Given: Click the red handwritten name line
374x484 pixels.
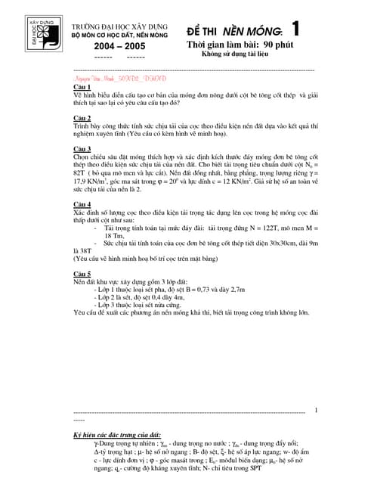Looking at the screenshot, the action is point(119,78).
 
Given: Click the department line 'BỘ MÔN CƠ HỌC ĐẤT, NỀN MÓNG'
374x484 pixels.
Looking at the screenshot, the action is point(123,35).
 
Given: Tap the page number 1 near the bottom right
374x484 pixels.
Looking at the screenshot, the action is point(316,411).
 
